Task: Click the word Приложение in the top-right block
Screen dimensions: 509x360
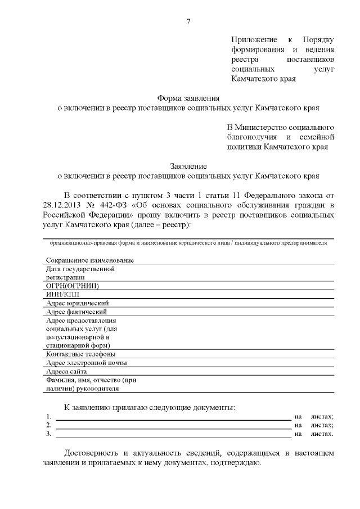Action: coord(254,39)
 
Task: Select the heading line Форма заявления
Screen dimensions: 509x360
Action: coord(188,97)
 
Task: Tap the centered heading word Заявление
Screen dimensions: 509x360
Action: coord(188,166)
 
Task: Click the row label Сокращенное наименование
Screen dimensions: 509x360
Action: coord(90,260)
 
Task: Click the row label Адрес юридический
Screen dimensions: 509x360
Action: coord(77,303)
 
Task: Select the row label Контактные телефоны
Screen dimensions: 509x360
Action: coord(81,354)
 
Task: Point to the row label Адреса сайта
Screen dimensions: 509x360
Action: coord(66,371)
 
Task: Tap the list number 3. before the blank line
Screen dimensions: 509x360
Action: coord(49,434)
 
